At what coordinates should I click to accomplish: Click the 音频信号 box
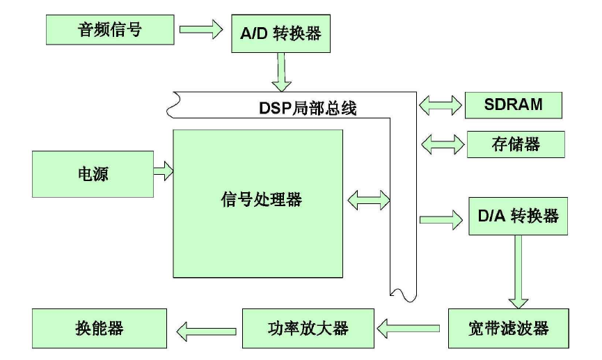click(109, 30)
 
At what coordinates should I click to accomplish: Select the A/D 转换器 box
click(280, 32)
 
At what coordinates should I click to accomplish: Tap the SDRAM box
click(514, 104)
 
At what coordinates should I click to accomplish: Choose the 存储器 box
click(515, 144)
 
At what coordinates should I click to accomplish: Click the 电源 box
click(93, 174)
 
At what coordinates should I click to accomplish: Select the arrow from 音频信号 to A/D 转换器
click(200, 30)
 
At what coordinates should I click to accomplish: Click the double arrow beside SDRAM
click(441, 105)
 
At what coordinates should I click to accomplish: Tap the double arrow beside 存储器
click(441, 145)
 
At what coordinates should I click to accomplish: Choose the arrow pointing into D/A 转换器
click(441, 220)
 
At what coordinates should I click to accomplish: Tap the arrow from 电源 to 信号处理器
click(164, 171)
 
